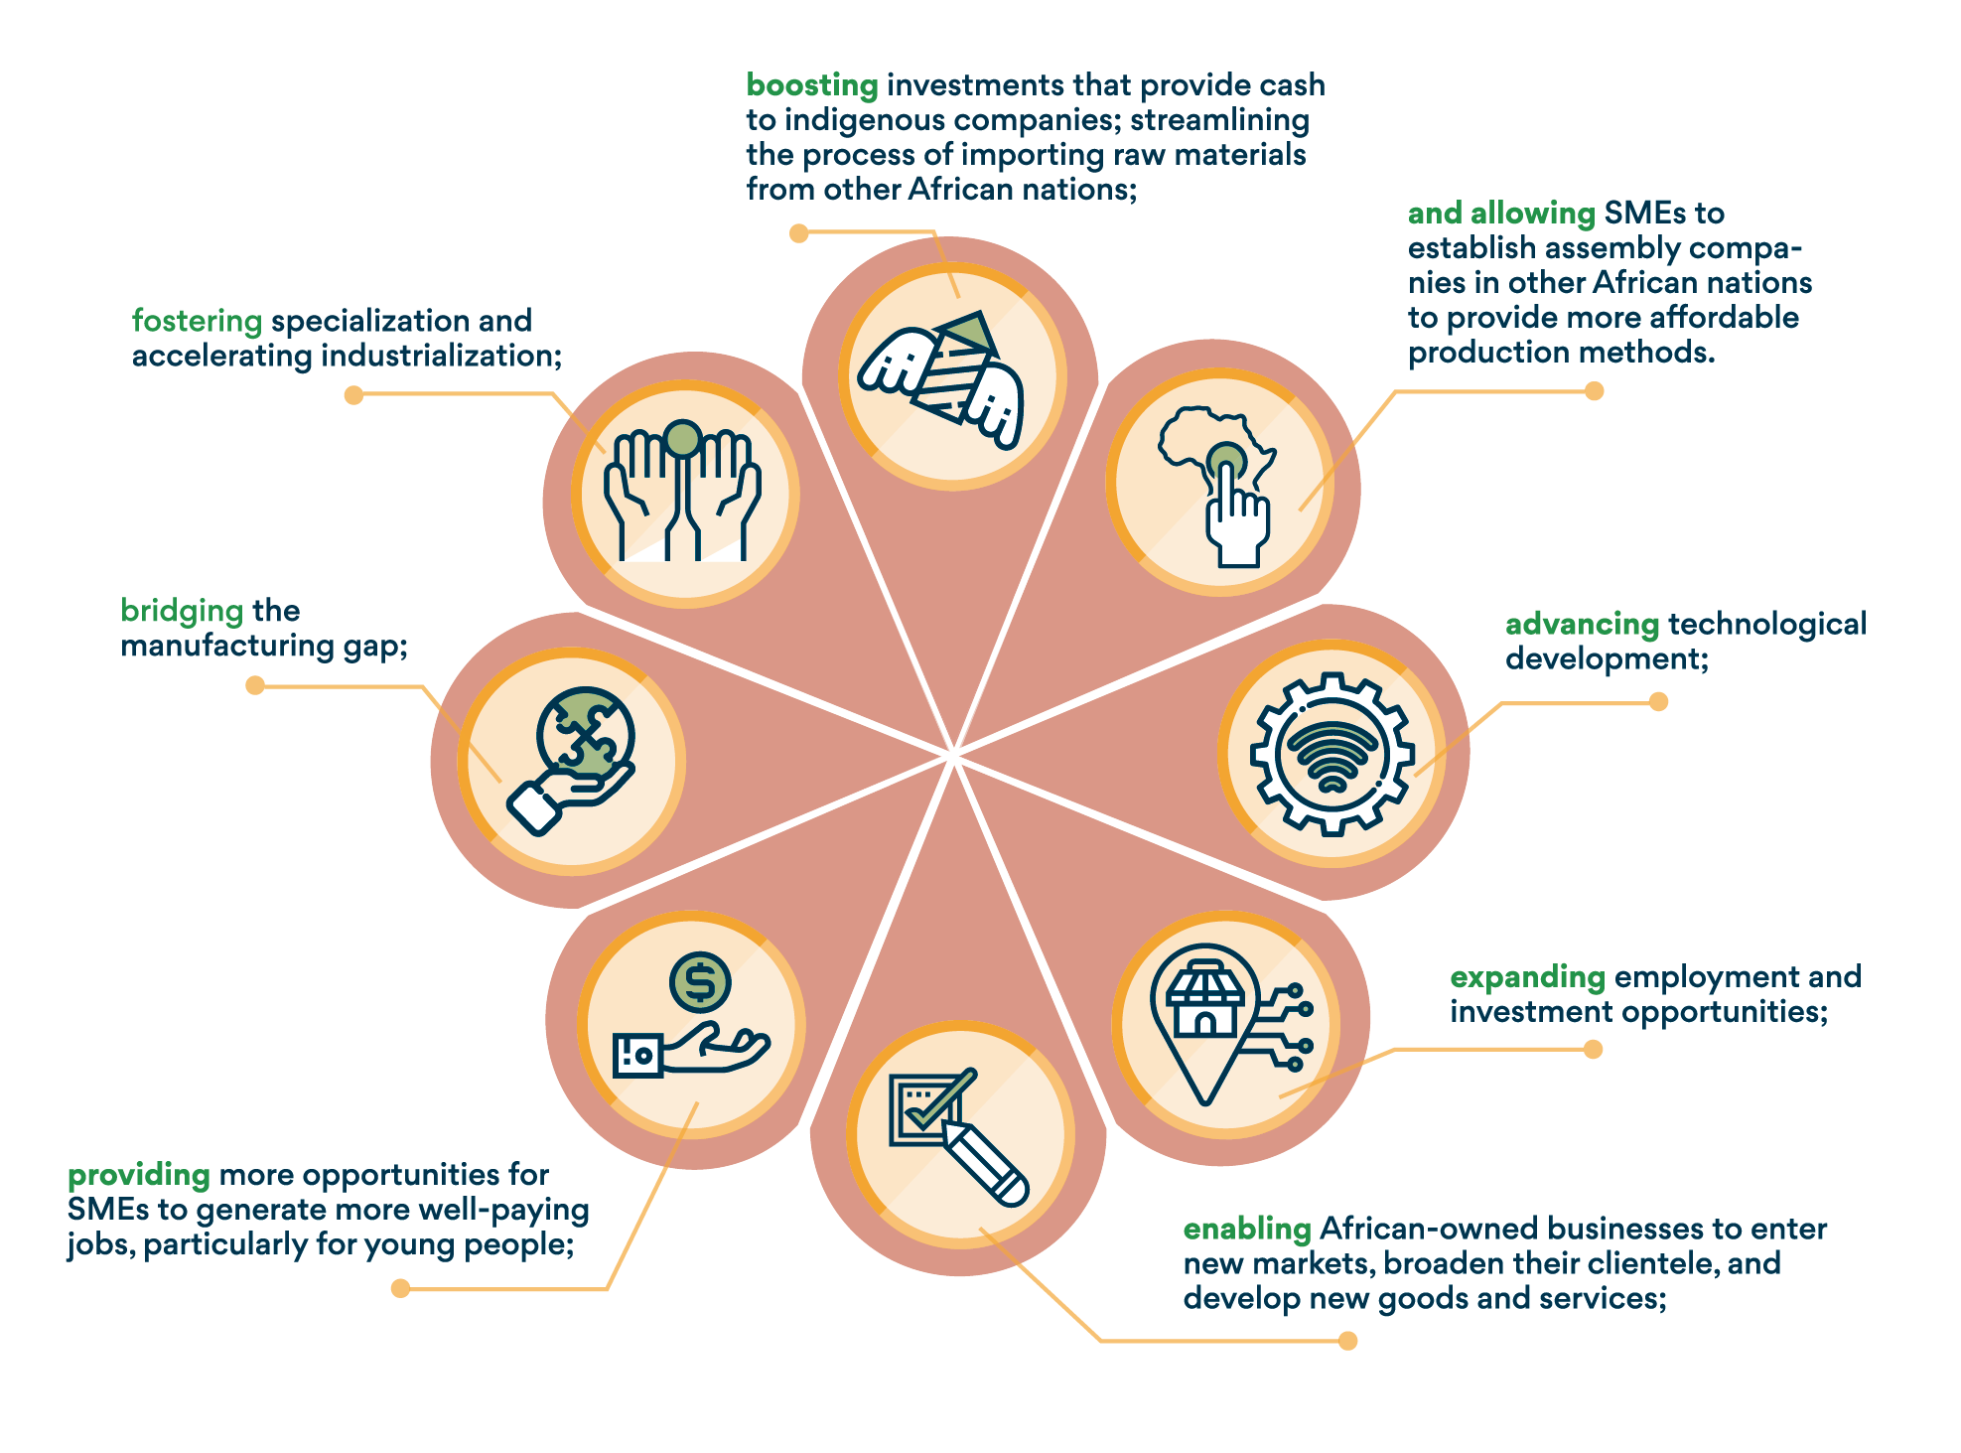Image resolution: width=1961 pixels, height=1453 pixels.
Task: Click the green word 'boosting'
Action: (811, 85)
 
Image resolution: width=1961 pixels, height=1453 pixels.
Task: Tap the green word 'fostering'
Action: (197, 321)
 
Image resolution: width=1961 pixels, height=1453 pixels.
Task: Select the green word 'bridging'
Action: (182, 610)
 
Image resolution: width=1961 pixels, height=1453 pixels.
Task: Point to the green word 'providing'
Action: (138, 1175)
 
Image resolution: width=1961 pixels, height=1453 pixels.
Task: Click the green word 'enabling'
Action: (1246, 1229)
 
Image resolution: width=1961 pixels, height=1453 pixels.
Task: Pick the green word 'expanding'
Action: (1526, 977)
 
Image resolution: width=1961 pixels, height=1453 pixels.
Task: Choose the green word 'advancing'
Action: (1582, 624)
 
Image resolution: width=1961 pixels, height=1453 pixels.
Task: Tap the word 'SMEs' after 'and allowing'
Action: (1638, 213)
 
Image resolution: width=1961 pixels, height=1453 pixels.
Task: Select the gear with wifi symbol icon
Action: (1331, 753)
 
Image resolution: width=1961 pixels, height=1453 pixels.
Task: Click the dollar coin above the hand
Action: (700, 982)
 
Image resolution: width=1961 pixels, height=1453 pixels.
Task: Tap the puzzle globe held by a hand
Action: (585, 735)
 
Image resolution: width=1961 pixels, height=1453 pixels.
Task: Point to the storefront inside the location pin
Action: (1204, 1000)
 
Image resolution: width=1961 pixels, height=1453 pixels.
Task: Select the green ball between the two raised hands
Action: (683, 438)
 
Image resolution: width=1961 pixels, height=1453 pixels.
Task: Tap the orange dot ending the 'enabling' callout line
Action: (1347, 1341)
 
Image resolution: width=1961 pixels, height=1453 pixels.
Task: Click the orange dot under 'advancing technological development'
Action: (1658, 702)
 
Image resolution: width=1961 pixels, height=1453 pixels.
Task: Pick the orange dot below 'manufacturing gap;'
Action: (255, 685)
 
